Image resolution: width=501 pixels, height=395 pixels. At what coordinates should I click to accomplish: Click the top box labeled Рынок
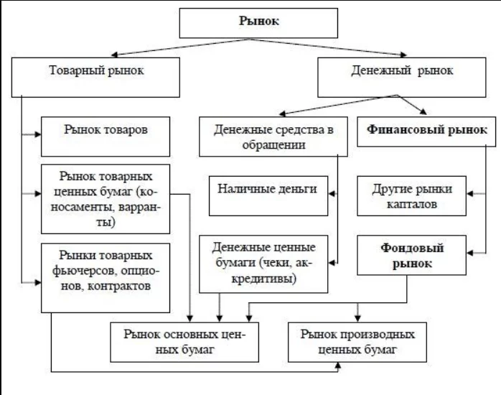(258, 21)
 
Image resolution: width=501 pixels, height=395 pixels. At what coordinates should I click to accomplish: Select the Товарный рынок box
(95, 73)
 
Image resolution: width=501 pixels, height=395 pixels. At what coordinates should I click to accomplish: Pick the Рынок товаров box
(106, 133)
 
